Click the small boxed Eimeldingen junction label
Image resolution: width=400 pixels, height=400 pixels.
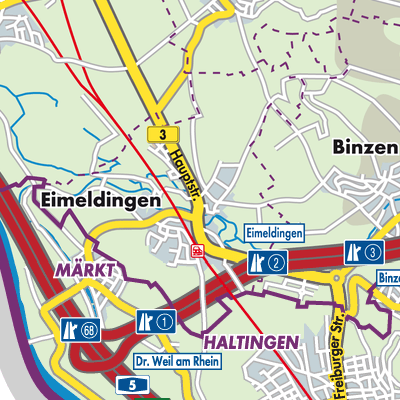273,232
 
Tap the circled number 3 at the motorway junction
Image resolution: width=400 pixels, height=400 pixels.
373,251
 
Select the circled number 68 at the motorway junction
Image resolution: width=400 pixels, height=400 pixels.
91,327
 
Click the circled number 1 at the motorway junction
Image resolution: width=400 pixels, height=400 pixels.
166,321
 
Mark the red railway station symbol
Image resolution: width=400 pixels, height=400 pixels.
199,252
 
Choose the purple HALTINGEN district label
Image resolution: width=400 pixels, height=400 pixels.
250,342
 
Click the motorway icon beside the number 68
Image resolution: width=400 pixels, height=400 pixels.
69,327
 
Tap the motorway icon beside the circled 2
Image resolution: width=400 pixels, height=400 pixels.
256,264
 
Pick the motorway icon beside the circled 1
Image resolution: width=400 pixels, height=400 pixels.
145,321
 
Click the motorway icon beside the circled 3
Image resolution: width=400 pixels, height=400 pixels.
352,251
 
